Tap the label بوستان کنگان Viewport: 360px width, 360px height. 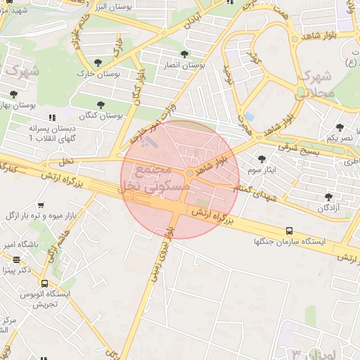tap(101, 115)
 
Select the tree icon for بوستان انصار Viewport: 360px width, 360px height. tap(184, 54)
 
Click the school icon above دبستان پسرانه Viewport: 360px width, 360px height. tap(51, 118)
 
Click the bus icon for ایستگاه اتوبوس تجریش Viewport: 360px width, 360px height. tap(45, 283)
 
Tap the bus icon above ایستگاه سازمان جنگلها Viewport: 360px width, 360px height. tap(290, 231)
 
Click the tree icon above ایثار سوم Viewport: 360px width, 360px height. tap(263, 160)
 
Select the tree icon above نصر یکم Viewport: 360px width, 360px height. tap(340, 127)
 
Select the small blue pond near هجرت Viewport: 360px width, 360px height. tap(249, 117)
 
